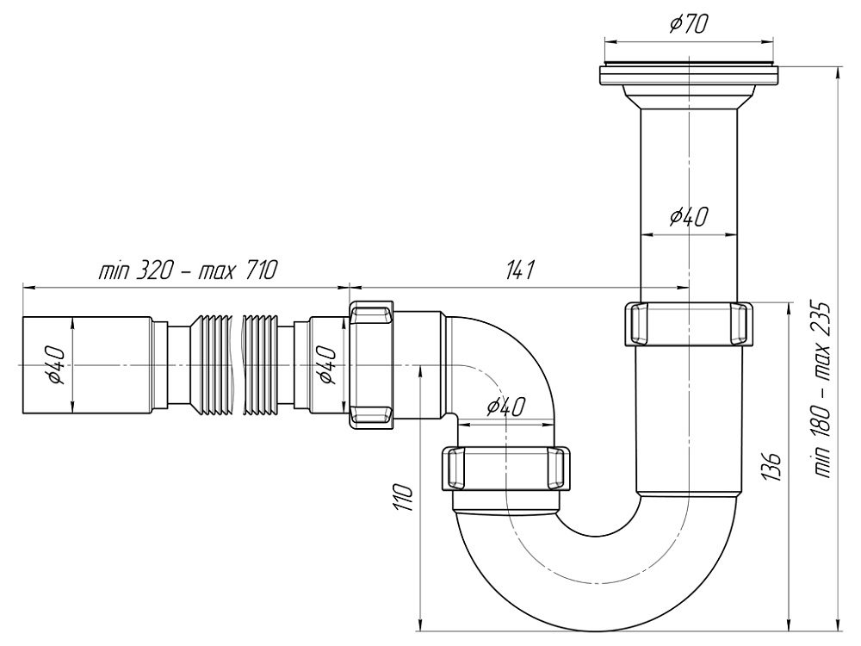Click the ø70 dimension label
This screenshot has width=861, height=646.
point(689,24)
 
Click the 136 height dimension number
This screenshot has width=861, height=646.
point(772,466)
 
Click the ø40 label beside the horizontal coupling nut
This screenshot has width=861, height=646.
point(326,364)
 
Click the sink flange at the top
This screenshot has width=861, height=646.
point(689,74)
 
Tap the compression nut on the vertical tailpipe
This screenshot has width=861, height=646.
point(687,323)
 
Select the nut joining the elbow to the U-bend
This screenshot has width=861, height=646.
point(507,469)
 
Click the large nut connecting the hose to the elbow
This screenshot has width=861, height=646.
point(372,363)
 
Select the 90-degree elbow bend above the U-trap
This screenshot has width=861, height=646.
point(508,362)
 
